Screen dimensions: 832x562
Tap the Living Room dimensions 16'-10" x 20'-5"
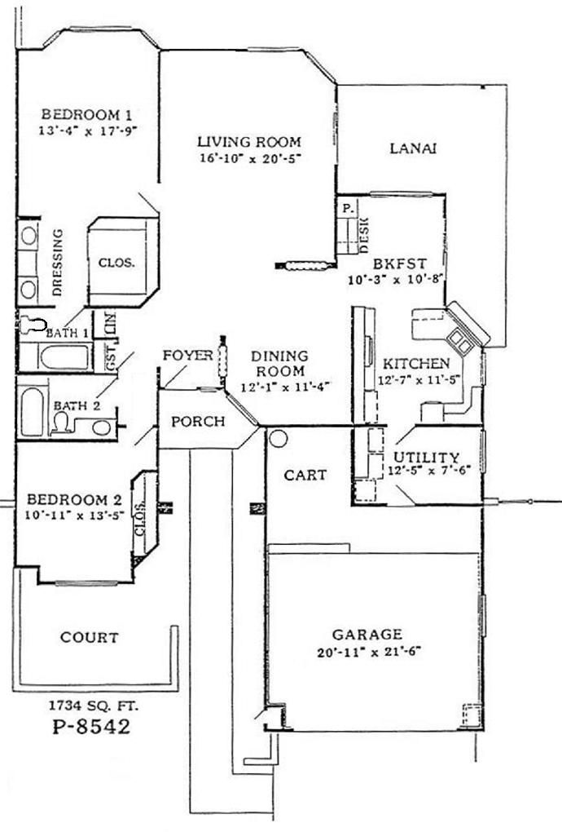(249, 158)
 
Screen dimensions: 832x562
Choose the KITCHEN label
(416, 363)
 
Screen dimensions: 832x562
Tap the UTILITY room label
(426, 457)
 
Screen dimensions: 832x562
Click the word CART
(305, 475)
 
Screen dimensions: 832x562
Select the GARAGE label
(367, 634)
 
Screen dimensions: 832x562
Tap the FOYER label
(187, 356)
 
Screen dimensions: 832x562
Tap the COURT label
(90, 637)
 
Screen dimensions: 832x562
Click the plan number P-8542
(86, 725)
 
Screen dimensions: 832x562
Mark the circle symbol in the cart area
(278, 439)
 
